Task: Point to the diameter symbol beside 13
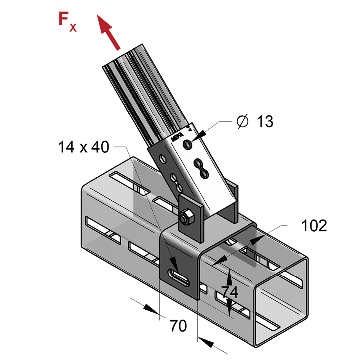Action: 242,122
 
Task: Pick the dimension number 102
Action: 314,226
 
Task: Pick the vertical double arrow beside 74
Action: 230,291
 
